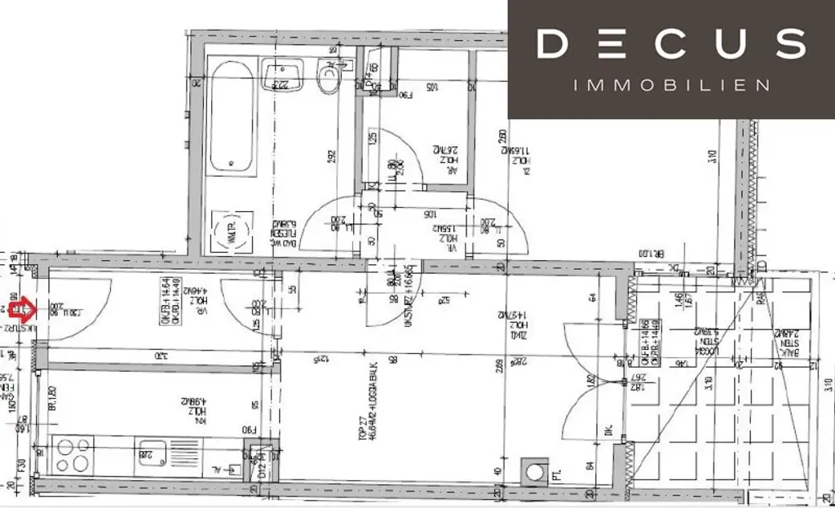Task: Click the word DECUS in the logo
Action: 671,45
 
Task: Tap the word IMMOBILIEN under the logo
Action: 672,86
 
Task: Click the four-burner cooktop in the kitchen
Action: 73,455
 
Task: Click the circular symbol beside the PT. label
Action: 536,472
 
